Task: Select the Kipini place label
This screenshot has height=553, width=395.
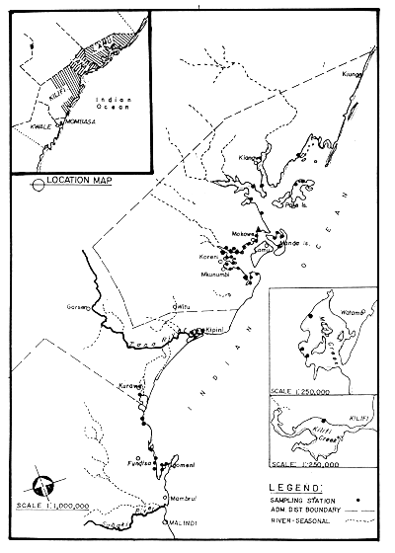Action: (217, 336)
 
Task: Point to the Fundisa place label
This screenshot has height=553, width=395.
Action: (137, 461)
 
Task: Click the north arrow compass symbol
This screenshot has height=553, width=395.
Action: (43, 486)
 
